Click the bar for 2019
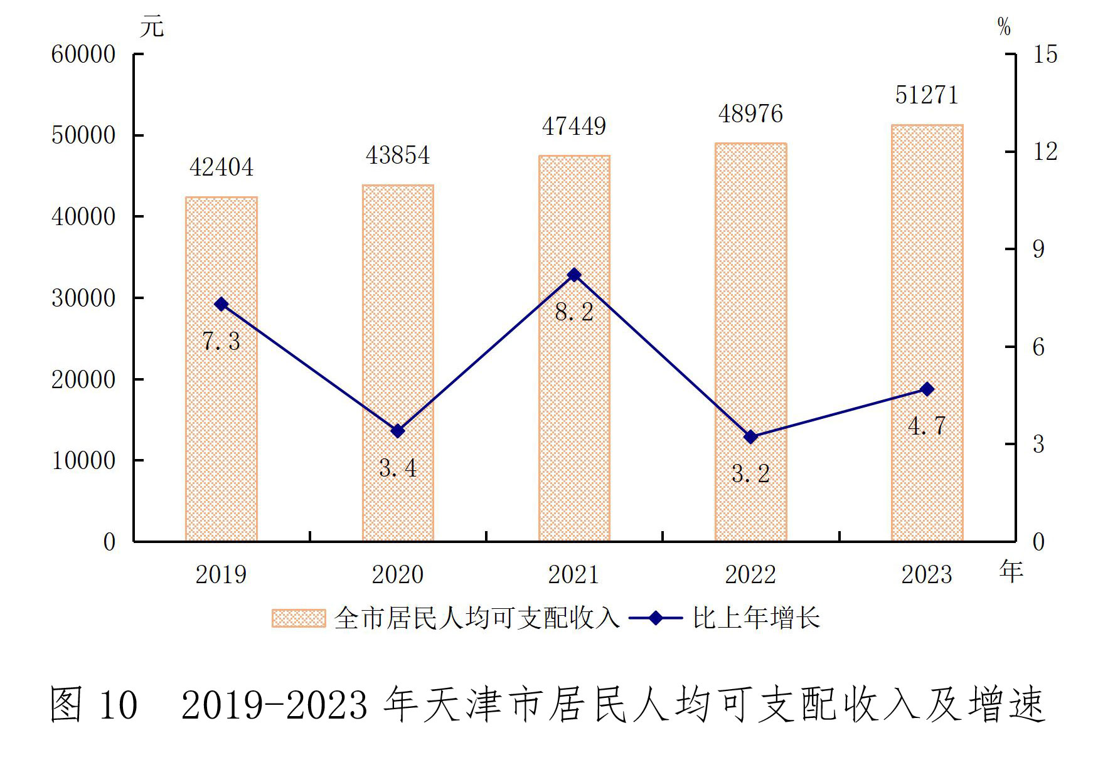221,369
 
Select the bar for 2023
927,333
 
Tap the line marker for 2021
574,275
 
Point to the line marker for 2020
398,431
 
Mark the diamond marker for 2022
750,437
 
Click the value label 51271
927,95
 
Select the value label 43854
398,156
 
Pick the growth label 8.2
574,312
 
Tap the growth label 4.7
927,426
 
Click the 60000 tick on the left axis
83,55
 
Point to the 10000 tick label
83,461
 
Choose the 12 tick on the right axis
1045,152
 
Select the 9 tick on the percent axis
1039,250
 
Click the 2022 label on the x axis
750,574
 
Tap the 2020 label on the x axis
398,574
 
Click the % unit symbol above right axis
1004,27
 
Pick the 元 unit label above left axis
152,27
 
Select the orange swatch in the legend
299,618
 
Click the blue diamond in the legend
656,618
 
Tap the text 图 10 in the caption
93,704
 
